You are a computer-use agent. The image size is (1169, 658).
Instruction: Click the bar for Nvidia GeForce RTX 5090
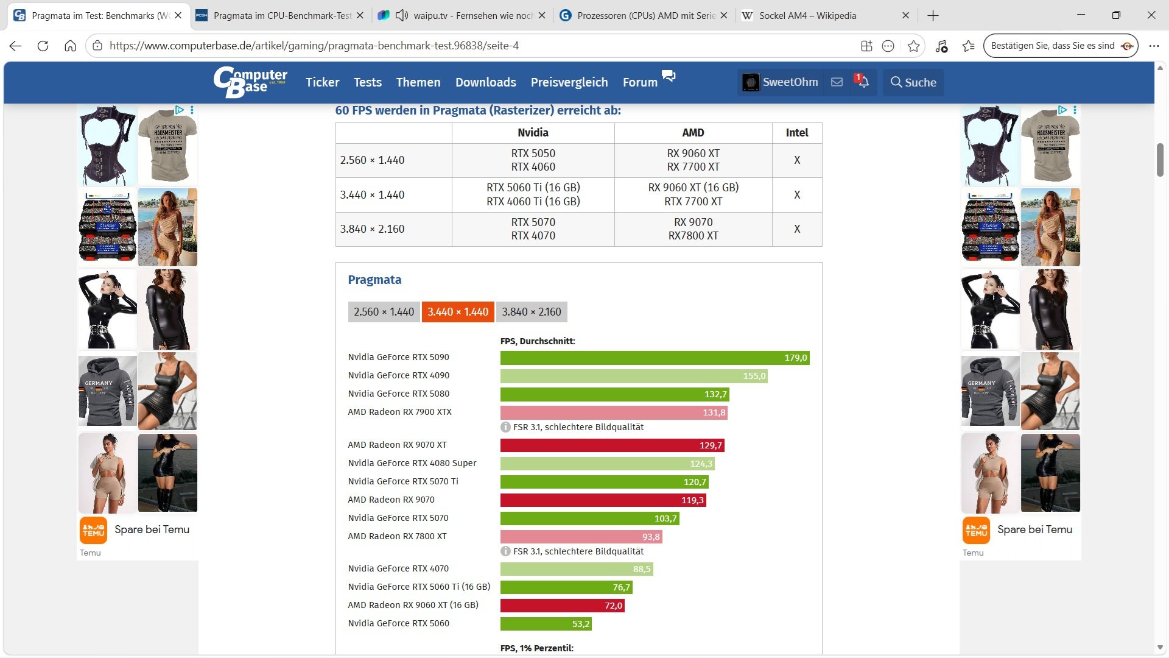coord(655,358)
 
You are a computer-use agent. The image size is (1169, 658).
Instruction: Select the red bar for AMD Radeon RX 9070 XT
coord(613,445)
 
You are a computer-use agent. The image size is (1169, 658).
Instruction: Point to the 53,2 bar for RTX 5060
coord(546,624)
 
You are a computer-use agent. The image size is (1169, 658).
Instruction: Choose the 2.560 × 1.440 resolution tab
coord(384,312)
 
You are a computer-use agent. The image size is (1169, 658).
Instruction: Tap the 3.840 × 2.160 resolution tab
coord(532,312)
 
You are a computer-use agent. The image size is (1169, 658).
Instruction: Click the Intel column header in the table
coord(797,133)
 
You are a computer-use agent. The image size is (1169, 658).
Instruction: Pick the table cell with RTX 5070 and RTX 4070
coord(533,229)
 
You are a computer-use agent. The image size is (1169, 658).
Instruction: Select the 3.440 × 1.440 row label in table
coord(372,195)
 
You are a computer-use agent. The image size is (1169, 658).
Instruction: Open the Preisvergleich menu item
coord(569,82)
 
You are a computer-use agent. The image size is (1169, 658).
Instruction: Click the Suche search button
coord(913,82)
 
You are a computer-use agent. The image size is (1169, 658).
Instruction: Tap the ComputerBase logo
coord(250,82)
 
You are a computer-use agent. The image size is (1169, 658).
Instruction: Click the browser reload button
coord(43,46)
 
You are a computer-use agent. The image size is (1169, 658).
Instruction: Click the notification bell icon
coord(863,82)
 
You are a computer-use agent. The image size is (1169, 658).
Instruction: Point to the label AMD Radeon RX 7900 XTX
coord(400,412)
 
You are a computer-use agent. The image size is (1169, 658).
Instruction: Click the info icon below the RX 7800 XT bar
coord(505,551)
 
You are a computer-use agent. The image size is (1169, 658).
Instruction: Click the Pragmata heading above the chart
coord(374,280)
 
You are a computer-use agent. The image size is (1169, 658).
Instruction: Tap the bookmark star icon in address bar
coord(913,46)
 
